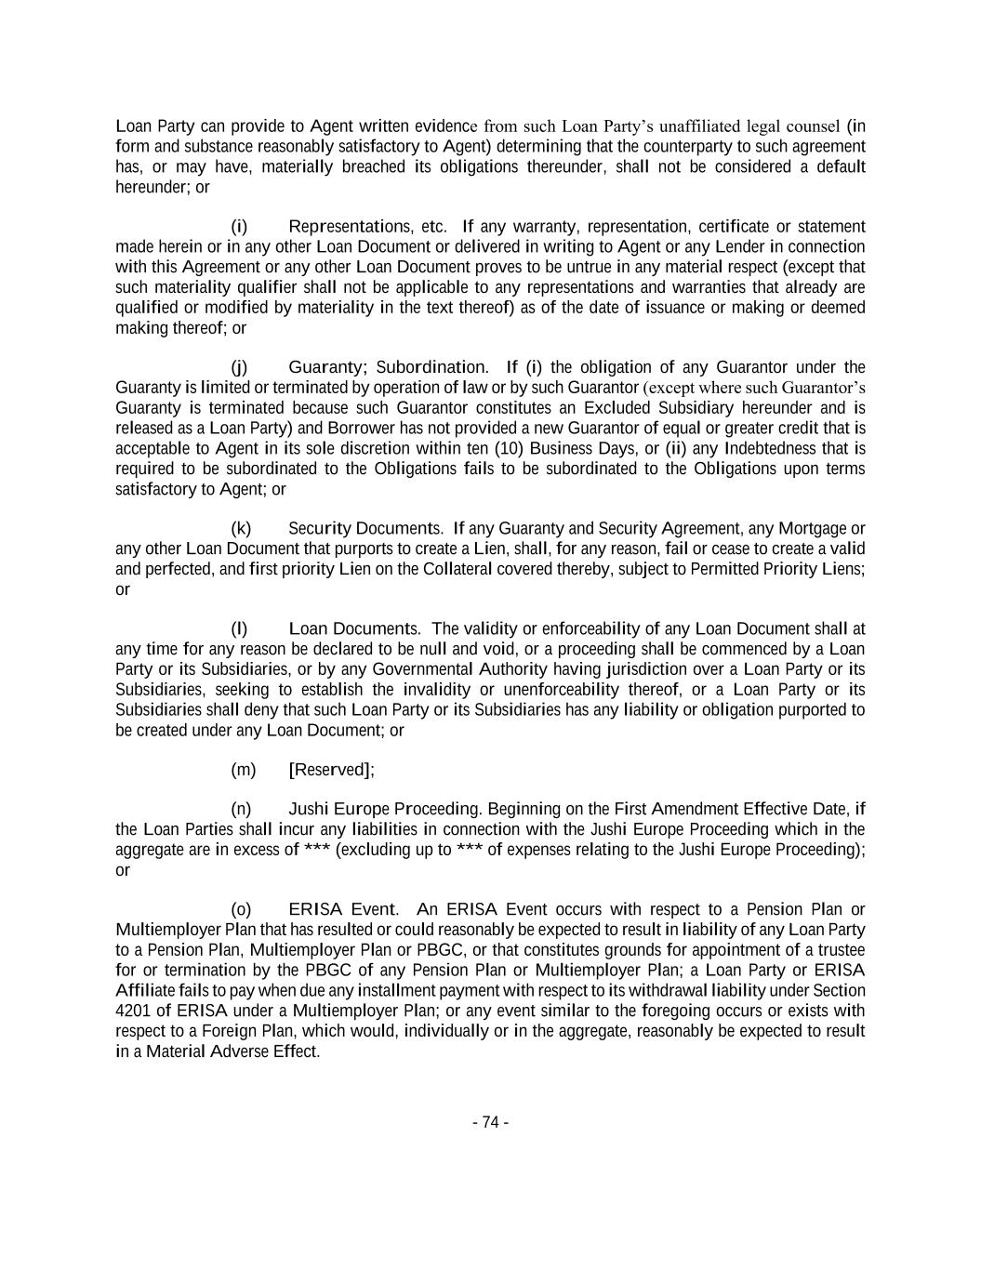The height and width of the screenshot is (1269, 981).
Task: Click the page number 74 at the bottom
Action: click(490, 1122)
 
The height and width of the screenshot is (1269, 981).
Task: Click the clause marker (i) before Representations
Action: click(239, 227)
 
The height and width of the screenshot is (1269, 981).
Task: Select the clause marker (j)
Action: click(239, 367)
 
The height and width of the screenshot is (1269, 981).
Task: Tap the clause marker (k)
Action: click(241, 529)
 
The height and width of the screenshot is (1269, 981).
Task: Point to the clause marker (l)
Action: click(239, 628)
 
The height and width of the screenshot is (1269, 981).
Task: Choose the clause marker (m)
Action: click(243, 770)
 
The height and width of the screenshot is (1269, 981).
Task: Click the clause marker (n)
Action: click(241, 809)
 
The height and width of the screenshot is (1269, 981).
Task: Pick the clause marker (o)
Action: click(241, 909)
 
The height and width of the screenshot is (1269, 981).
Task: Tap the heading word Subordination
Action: click(431, 367)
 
